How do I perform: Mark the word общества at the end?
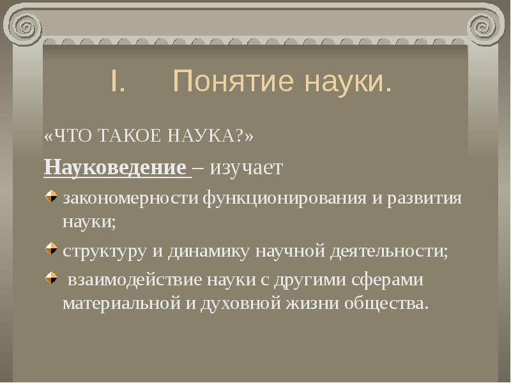[386, 301]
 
